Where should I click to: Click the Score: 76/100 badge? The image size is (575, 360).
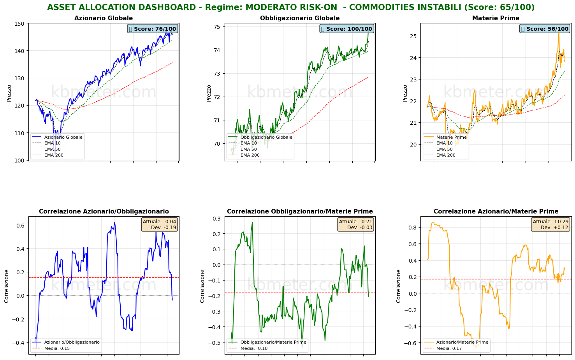click(x=152, y=29)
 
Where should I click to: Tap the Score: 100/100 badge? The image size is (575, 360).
click(x=346, y=29)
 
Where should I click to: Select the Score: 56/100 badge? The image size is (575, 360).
click(x=545, y=29)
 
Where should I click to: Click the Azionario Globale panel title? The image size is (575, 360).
click(x=104, y=18)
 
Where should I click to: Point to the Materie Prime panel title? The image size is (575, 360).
click(x=496, y=18)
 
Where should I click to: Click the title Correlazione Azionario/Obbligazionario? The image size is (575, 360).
click(x=104, y=212)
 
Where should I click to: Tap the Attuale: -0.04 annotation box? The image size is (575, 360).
click(x=159, y=224)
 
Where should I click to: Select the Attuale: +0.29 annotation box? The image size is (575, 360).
click(x=550, y=224)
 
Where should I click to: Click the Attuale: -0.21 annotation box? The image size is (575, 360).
click(x=355, y=224)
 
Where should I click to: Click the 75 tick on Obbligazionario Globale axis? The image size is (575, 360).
click(x=217, y=27)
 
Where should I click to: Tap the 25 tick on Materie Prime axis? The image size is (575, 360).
click(x=413, y=36)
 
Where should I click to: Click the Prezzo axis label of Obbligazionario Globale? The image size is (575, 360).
click(x=209, y=93)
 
